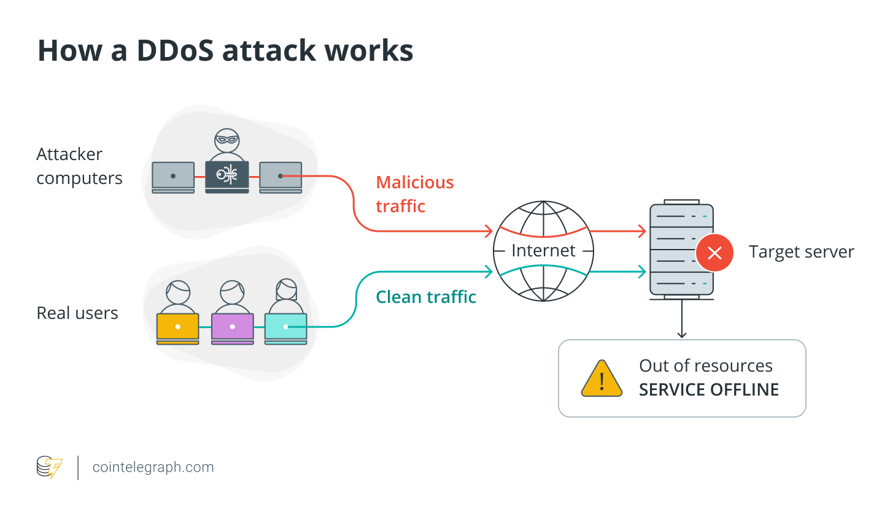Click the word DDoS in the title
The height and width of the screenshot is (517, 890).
pos(174,50)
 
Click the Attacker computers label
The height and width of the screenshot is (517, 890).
pos(79,166)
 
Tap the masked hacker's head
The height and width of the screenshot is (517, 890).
pos(226,141)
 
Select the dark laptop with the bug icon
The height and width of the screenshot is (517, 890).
pos(226,176)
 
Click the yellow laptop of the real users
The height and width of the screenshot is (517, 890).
pos(177,327)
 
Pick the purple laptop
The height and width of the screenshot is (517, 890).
pos(232,327)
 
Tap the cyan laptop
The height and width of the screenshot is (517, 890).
pos(285,327)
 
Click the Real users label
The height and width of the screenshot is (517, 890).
pos(77,313)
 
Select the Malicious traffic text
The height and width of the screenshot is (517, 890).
pos(414,194)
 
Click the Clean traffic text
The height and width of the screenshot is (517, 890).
pos(425,297)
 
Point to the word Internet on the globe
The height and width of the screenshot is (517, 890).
pos(543,251)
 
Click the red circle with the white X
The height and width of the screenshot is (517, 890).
pos(714,253)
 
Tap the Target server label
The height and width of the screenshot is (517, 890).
pos(801,252)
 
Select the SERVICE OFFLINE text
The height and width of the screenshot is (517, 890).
pos(708,390)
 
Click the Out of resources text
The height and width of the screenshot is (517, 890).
pos(705,366)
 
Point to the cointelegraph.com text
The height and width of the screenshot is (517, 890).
pos(153,467)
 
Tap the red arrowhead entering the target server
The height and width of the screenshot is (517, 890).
pos(642,231)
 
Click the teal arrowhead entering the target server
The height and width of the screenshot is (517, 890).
pos(642,271)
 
